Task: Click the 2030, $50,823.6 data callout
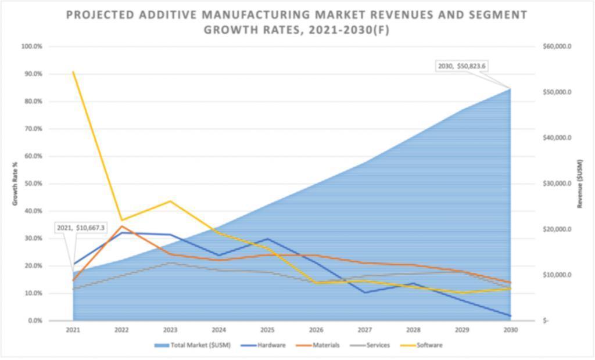463,66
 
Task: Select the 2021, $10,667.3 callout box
81,228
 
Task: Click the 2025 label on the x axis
267,330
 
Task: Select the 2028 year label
413,330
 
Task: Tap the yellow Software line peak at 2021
73,72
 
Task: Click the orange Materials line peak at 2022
121,226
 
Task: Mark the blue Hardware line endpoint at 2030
511,316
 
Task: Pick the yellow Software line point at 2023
170,201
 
